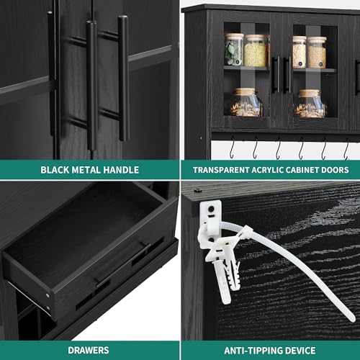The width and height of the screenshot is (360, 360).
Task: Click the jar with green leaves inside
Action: pos(234,50)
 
